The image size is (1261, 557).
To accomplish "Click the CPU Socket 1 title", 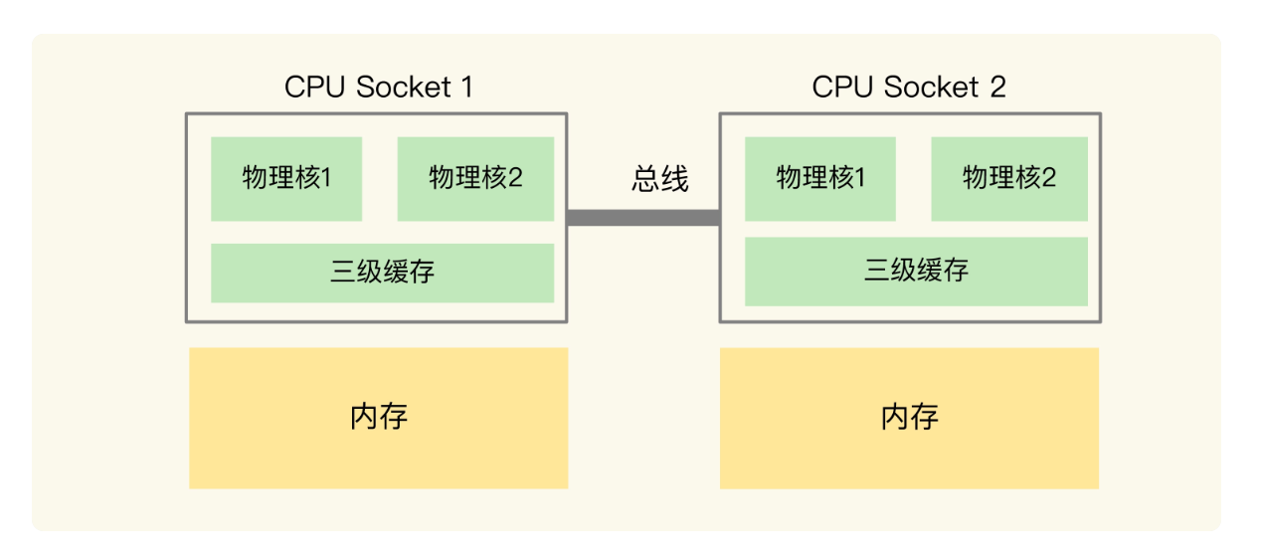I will pyautogui.click(x=378, y=88).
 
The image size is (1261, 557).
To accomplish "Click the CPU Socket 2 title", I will pyautogui.click(x=909, y=88).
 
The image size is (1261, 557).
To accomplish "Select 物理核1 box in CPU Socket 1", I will pyautogui.click(x=286, y=179).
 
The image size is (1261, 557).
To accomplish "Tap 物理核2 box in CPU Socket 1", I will pyautogui.click(x=475, y=179).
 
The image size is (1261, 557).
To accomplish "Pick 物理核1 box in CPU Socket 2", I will pyautogui.click(x=819, y=179).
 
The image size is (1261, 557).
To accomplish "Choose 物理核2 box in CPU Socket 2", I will pyautogui.click(x=1008, y=179).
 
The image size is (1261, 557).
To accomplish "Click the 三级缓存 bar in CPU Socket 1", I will pyautogui.click(x=382, y=273).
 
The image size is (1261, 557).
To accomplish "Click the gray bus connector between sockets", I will pyautogui.click(x=642, y=218).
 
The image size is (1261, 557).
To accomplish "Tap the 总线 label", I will pyautogui.click(x=659, y=179).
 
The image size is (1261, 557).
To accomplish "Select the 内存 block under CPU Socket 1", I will pyautogui.click(x=378, y=418).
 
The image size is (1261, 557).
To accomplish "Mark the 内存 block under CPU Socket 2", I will pyautogui.click(x=909, y=418).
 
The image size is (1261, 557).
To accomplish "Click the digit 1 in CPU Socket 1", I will pyautogui.click(x=464, y=88).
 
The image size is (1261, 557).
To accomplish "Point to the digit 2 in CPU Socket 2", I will pyautogui.click(x=997, y=88).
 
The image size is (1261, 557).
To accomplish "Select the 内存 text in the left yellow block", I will pyautogui.click(x=379, y=416).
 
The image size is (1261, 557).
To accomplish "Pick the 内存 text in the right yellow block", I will pyautogui.click(x=909, y=416).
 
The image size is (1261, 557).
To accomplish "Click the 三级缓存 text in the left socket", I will pyautogui.click(x=382, y=273).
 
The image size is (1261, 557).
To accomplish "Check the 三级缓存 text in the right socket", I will pyautogui.click(x=916, y=271).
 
